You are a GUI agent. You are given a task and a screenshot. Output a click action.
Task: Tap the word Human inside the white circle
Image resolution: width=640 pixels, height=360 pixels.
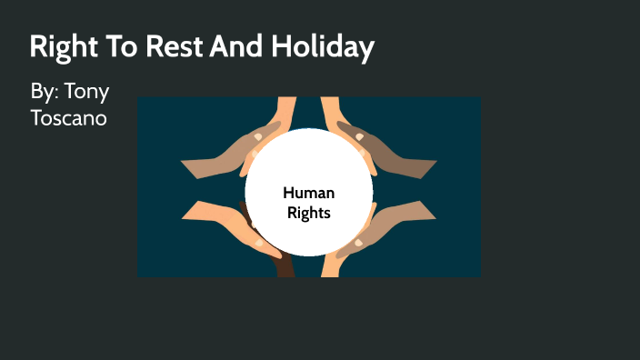tap(308, 193)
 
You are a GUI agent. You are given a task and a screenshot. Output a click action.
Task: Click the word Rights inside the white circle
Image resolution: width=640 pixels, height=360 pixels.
tap(308, 214)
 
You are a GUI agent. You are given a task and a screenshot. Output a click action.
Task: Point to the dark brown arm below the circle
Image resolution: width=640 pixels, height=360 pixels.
tap(283, 264)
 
